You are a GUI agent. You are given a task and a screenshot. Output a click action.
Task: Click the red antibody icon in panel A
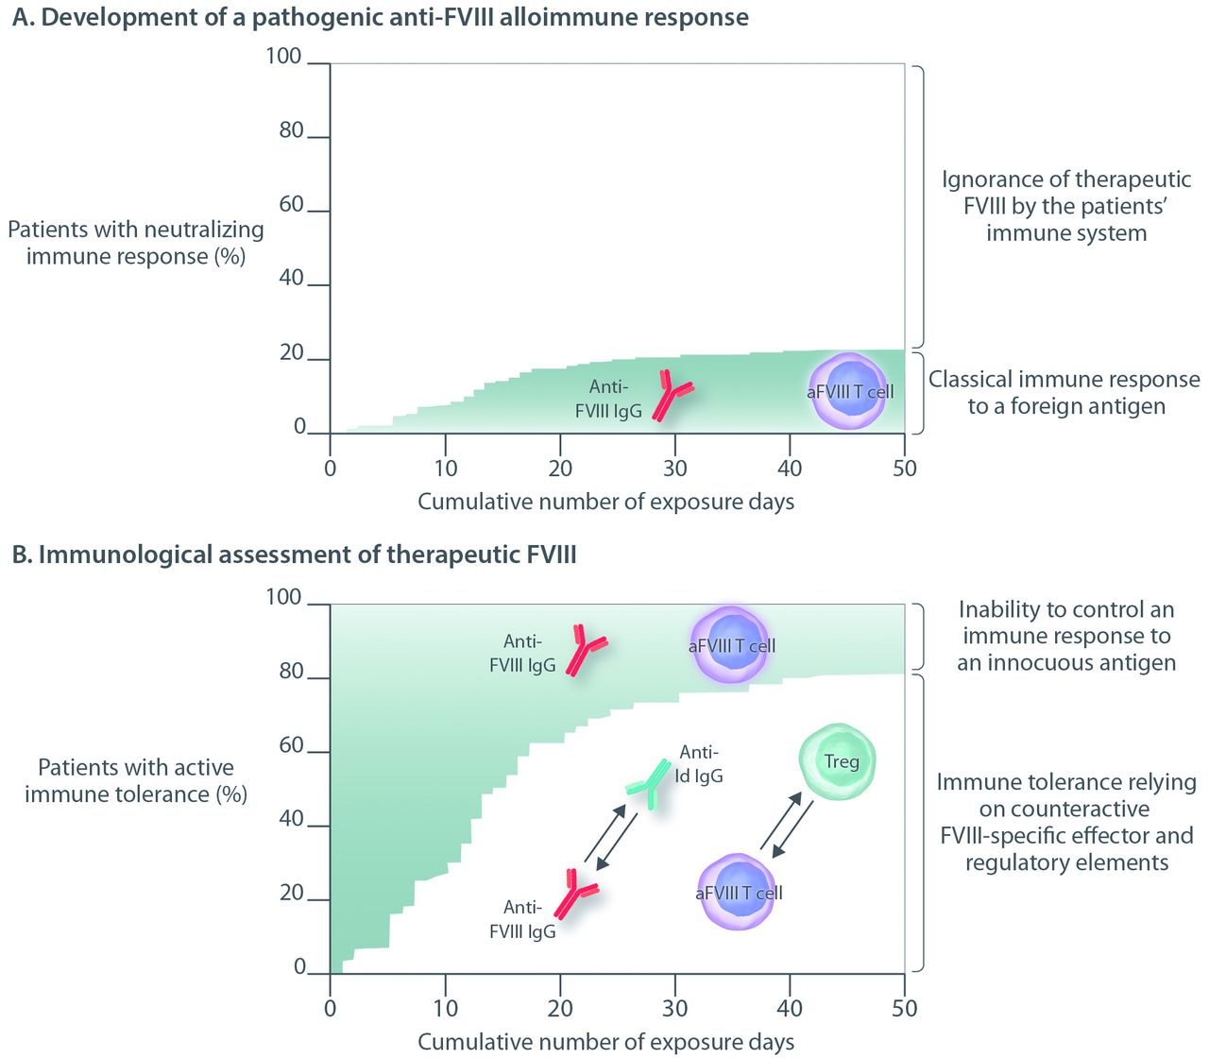pos(672,396)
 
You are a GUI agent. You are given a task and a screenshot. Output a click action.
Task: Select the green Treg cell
pos(838,761)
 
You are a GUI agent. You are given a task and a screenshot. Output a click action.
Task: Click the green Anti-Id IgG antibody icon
pos(649,783)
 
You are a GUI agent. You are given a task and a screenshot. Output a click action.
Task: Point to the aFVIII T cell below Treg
pos(738,892)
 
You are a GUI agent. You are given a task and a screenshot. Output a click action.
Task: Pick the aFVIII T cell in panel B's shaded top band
pos(731,645)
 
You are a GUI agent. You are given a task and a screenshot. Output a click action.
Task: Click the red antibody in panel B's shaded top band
pos(585,650)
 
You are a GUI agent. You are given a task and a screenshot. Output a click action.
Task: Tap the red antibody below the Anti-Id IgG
pos(573,893)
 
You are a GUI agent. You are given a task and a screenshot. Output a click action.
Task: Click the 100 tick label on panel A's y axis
pos(283,57)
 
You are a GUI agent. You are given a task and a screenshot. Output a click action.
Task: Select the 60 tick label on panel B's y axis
pos(291,746)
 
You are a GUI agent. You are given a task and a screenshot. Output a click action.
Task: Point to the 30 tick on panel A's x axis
pos(674,469)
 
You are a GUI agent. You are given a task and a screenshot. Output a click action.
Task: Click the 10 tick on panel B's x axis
pos(445,1009)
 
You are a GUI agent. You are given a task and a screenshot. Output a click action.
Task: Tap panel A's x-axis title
pos(605,502)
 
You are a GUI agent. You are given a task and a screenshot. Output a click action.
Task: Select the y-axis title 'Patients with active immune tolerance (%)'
pos(136,780)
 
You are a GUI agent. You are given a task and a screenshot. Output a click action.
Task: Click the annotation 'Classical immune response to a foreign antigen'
pos(1064,392)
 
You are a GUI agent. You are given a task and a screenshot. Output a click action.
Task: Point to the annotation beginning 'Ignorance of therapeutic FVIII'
pos(1066,206)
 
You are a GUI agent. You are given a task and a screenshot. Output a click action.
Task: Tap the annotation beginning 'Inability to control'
pos(1066,636)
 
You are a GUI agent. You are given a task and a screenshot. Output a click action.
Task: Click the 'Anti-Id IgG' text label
pos(699,764)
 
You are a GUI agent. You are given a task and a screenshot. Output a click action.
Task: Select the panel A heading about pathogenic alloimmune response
pos(380,17)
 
